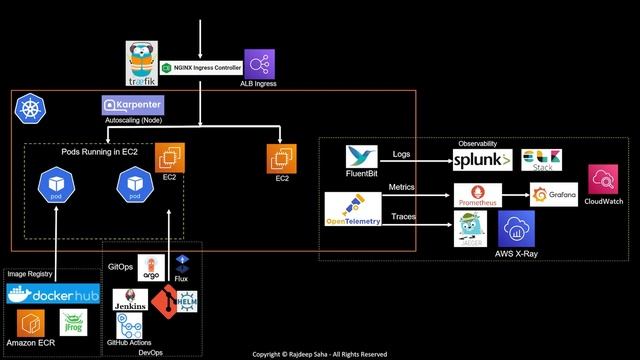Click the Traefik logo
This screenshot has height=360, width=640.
tap(141, 63)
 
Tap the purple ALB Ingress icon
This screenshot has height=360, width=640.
tap(259, 64)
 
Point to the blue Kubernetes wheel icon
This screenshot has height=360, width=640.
tap(29, 106)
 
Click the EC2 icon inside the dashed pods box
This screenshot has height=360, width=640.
tap(169, 157)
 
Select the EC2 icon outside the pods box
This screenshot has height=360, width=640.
tap(281, 158)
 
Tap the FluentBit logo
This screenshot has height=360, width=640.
tap(360, 157)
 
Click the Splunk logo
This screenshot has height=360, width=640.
tap(482, 161)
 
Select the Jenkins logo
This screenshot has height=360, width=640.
tap(130, 298)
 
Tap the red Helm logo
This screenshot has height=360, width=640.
tap(184, 300)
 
